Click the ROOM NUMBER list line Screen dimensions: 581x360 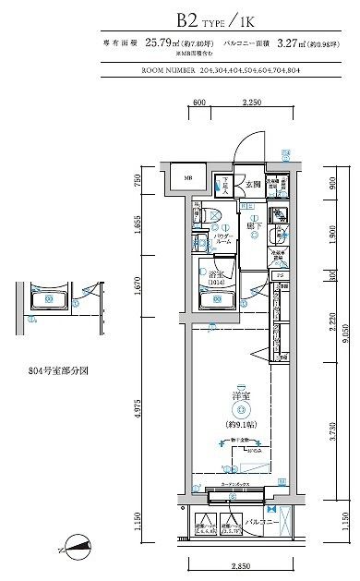click(231, 68)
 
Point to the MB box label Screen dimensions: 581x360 click(185, 179)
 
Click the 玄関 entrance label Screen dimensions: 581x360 click(252, 184)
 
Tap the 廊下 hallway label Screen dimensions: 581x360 click(250, 224)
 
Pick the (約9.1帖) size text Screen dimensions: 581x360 click(239, 423)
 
